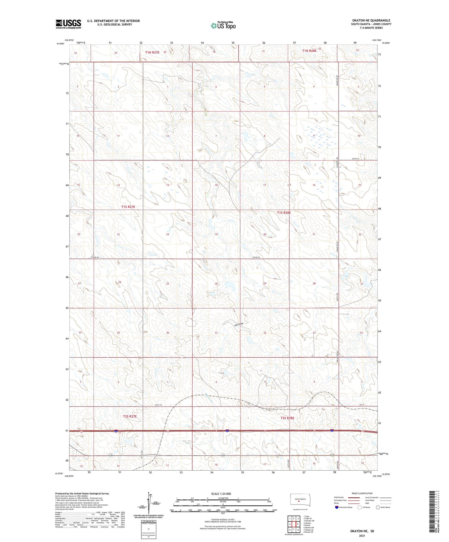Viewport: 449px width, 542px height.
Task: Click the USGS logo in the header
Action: pos(68,24)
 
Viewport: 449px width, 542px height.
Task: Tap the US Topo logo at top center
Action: pos(223,25)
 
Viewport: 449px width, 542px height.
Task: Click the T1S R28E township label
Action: pos(284,213)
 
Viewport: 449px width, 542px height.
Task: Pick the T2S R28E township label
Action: pos(287,418)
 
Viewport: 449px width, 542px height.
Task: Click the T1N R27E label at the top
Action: pos(152,52)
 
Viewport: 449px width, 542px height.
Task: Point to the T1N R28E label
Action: pos(309,50)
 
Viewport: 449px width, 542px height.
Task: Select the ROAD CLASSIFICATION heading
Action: pos(362,493)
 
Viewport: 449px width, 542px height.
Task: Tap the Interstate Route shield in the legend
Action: pos(337,507)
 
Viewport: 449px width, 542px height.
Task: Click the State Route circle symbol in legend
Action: pos(378,507)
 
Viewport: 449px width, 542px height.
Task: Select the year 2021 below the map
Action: pos(362,535)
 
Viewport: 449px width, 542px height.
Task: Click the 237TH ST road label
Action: pos(355,159)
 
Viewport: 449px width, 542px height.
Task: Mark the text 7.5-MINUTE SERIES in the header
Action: pos(371,28)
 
